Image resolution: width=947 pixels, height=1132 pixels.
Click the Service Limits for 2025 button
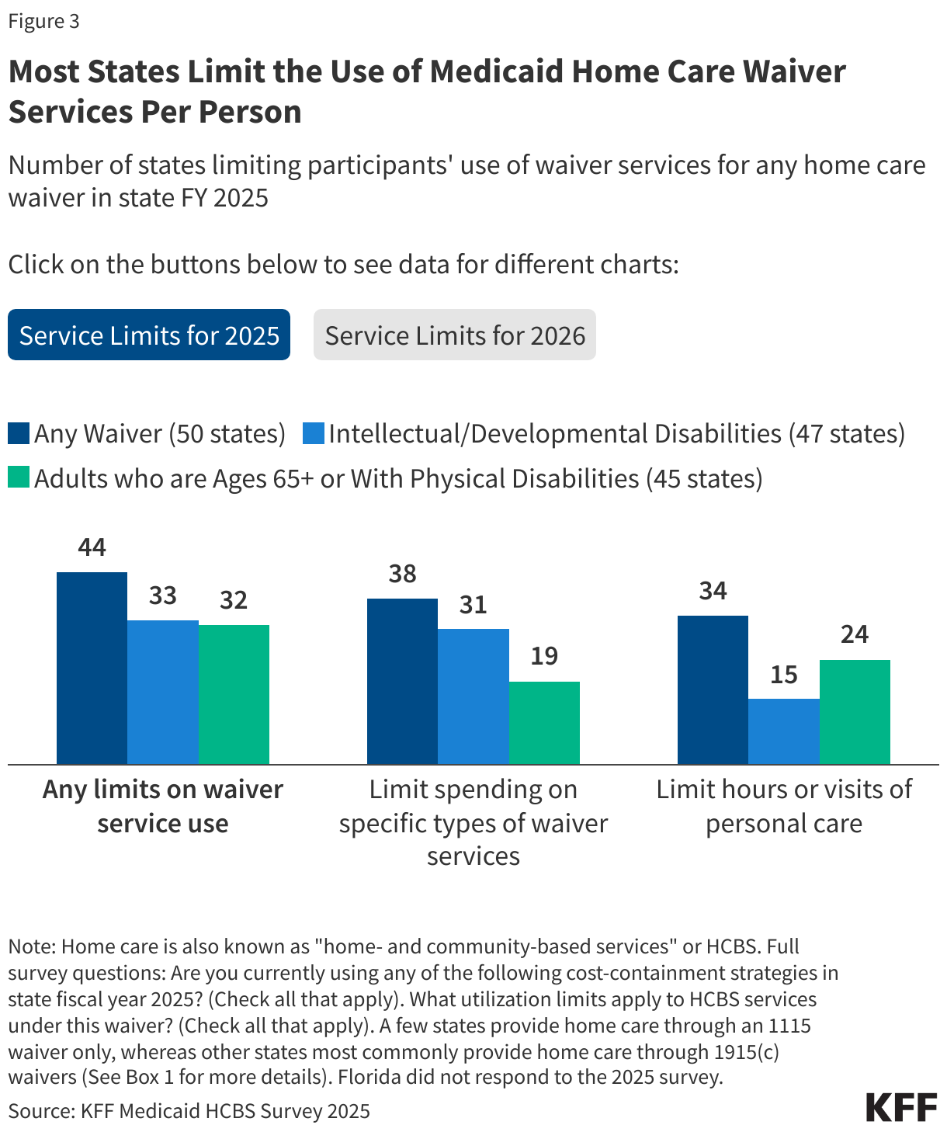pyautogui.click(x=149, y=335)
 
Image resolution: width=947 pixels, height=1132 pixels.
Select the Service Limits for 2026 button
pyautogui.click(x=455, y=335)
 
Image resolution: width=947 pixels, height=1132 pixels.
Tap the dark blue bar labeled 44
pyautogui.click(x=92, y=668)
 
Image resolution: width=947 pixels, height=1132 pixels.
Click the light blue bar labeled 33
pyautogui.click(x=163, y=692)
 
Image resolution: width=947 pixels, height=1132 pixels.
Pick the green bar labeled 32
pyautogui.click(x=234, y=694)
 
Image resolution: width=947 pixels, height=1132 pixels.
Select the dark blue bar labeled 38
pyautogui.click(x=402, y=681)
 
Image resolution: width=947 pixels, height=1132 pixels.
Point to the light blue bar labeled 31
pyautogui.click(x=473, y=696)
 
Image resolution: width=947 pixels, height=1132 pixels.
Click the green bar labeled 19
pyautogui.click(x=544, y=723)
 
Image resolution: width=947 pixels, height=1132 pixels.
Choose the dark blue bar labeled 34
pyautogui.click(x=713, y=689)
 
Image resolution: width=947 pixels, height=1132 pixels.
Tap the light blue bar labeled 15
pyautogui.click(x=784, y=731)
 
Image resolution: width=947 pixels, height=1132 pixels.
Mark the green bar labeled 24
pyautogui.click(x=855, y=712)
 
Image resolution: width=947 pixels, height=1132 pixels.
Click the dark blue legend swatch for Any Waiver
pyautogui.click(x=19, y=433)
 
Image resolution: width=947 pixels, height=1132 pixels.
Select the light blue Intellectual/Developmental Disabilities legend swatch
pyautogui.click(x=313, y=433)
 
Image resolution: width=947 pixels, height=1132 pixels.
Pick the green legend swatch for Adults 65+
pyautogui.click(x=19, y=477)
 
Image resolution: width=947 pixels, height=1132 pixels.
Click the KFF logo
pyautogui.click(x=901, y=1107)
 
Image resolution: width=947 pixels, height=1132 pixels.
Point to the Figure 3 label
pyautogui.click(x=43, y=21)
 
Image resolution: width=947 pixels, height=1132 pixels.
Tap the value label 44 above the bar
pyautogui.click(x=92, y=547)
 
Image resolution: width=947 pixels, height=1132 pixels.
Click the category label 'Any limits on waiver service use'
pyautogui.click(x=163, y=806)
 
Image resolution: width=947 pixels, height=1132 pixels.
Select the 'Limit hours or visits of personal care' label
pyautogui.click(x=784, y=806)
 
